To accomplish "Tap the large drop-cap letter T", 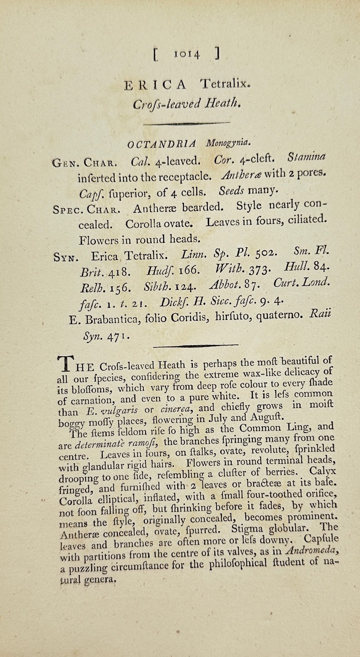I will pyautogui.click(x=65, y=364).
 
